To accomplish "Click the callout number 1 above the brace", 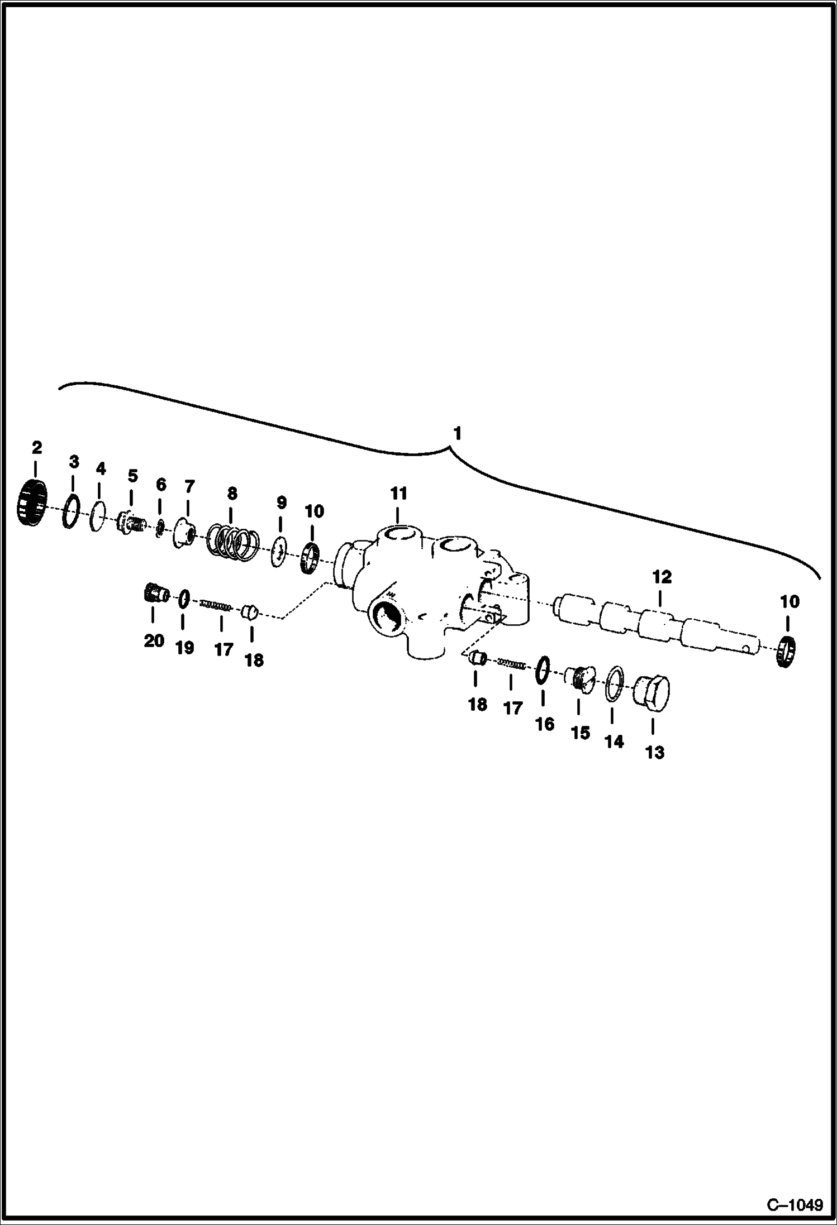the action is (x=458, y=434).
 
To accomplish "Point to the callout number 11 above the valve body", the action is (x=398, y=494).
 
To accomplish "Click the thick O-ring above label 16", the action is (x=543, y=670).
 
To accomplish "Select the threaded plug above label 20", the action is (x=154, y=592).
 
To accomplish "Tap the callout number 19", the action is (x=184, y=648).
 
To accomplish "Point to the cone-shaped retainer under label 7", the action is (x=182, y=532).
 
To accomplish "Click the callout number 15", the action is (x=580, y=733).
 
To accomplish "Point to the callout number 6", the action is (x=161, y=484).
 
